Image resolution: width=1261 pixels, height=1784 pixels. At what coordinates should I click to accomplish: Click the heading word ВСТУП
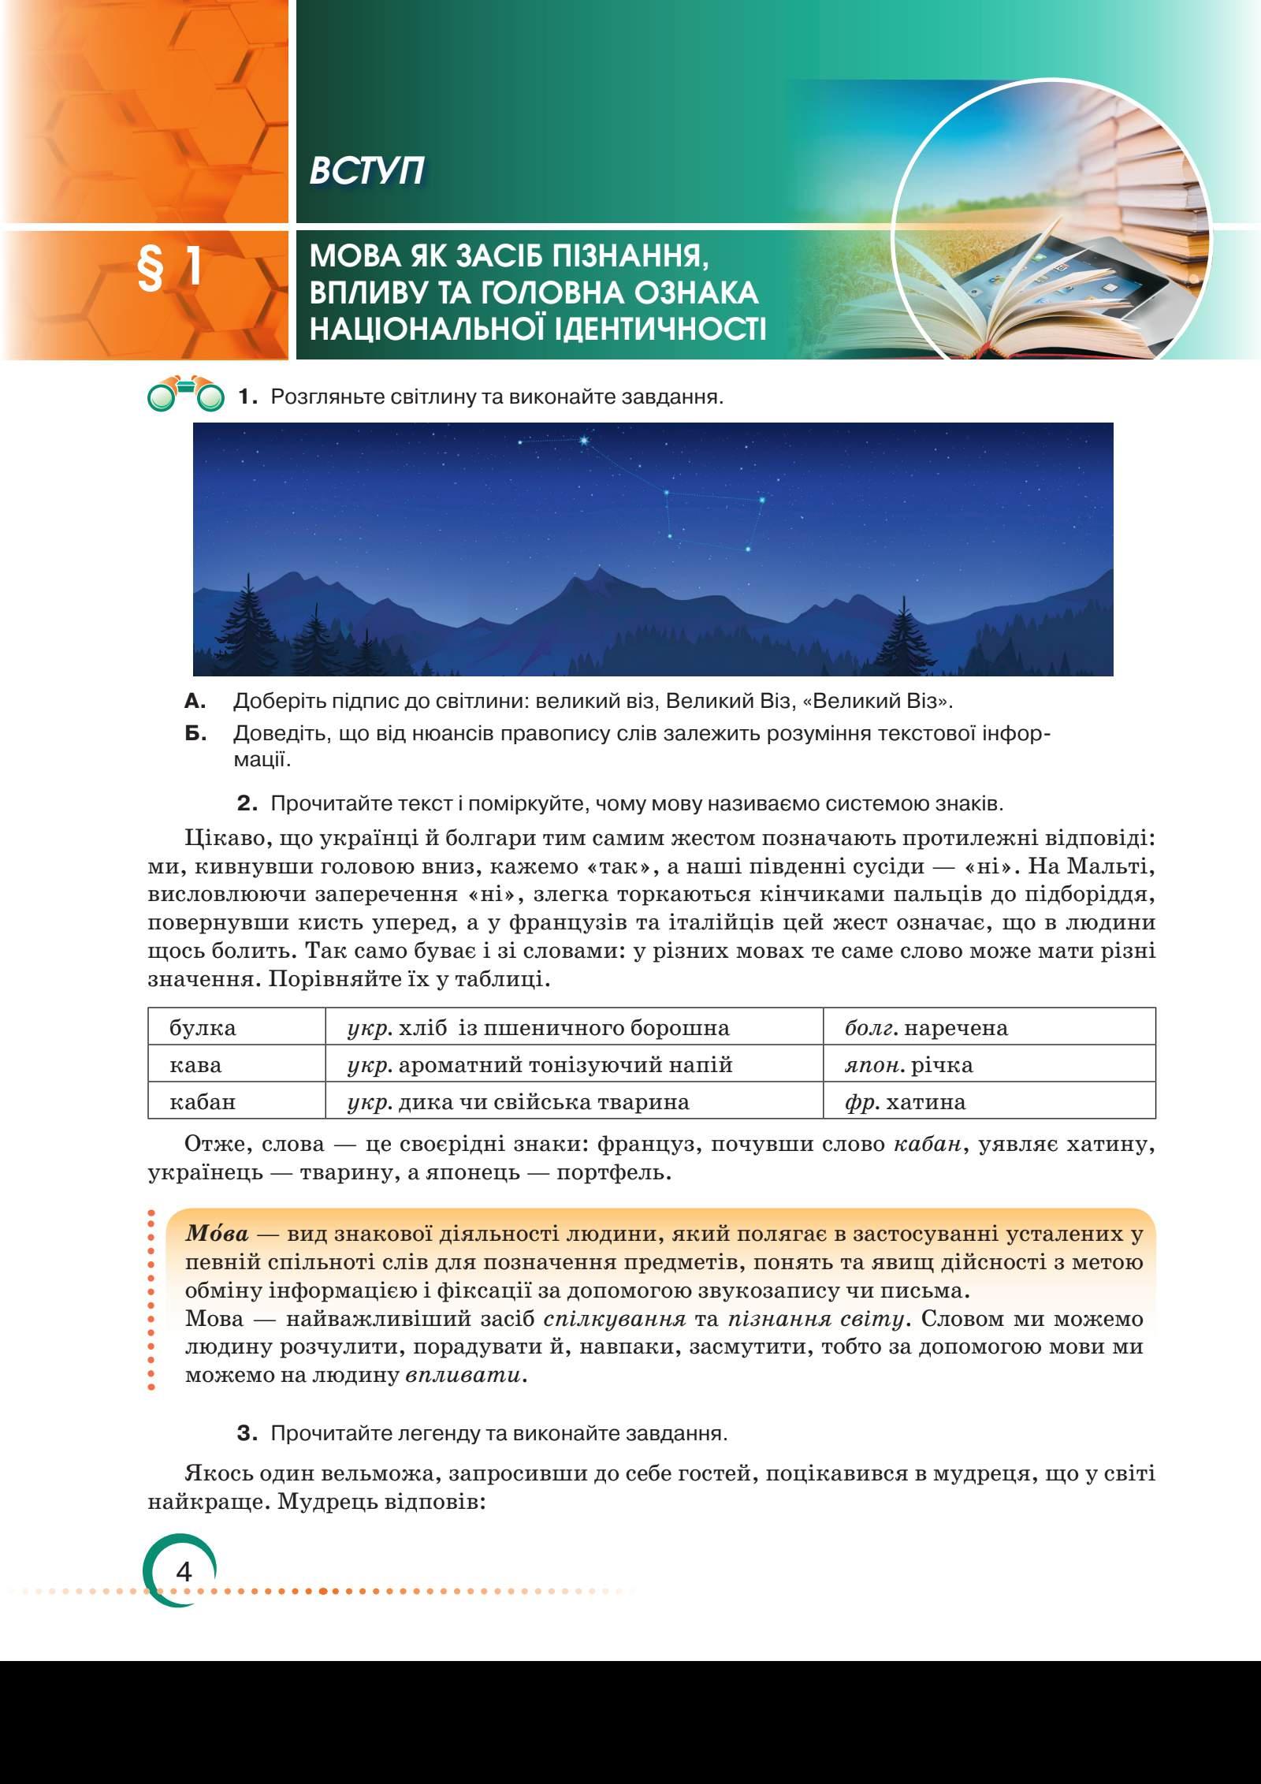tap(366, 171)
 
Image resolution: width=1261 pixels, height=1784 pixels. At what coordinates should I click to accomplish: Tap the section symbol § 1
tap(170, 270)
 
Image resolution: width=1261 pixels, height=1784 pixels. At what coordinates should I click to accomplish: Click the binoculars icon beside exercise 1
tap(186, 397)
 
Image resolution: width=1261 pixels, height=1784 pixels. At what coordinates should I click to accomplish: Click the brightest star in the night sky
tap(584, 441)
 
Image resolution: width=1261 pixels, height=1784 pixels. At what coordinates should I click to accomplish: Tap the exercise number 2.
tap(247, 805)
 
